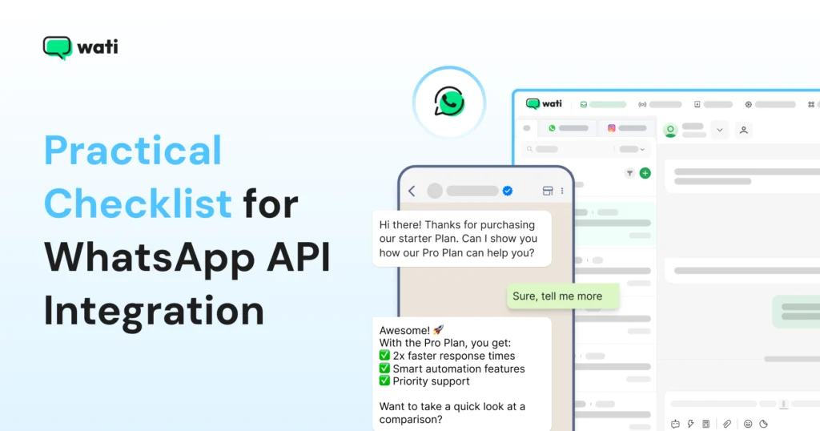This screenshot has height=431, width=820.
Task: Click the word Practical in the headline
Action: pyautogui.click(x=133, y=151)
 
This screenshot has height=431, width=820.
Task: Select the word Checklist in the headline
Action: pyautogui.click(x=138, y=203)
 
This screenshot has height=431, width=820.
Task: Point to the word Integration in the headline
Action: pyautogui.click(x=154, y=311)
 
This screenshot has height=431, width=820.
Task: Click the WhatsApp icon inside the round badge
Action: pyautogui.click(x=448, y=102)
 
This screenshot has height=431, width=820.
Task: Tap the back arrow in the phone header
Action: pyautogui.click(x=412, y=191)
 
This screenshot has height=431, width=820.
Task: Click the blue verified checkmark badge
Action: pyautogui.click(x=507, y=191)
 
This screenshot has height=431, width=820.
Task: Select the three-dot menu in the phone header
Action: pyautogui.click(x=562, y=191)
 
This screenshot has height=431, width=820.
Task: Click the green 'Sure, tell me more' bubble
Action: pyautogui.click(x=564, y=296)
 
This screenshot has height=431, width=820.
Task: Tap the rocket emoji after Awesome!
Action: pyautogui.click(x=437, y=330)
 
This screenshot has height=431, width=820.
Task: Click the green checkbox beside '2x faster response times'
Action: pyautogui.click(x=385, y=356)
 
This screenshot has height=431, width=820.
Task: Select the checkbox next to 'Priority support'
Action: pyautogui.click(x=385, y=381)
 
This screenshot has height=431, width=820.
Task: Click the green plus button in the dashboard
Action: pyautogui.click(x=645, y=173)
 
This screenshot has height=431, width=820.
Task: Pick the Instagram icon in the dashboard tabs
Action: pyautogui.click(x=611, y=128)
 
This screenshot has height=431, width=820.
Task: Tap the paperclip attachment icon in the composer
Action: pyautogui.click(x=727, y=424)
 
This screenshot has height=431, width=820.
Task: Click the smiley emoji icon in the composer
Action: pyautogui.click(x=748, y=424)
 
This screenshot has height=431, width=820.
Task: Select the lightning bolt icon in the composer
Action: pyautogui.click(x=690, y=424)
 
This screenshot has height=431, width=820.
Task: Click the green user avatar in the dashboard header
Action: pyautogui.click(x=671, y=130)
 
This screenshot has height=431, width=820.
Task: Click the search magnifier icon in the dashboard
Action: pyautogui.click(x=529, y=149)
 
